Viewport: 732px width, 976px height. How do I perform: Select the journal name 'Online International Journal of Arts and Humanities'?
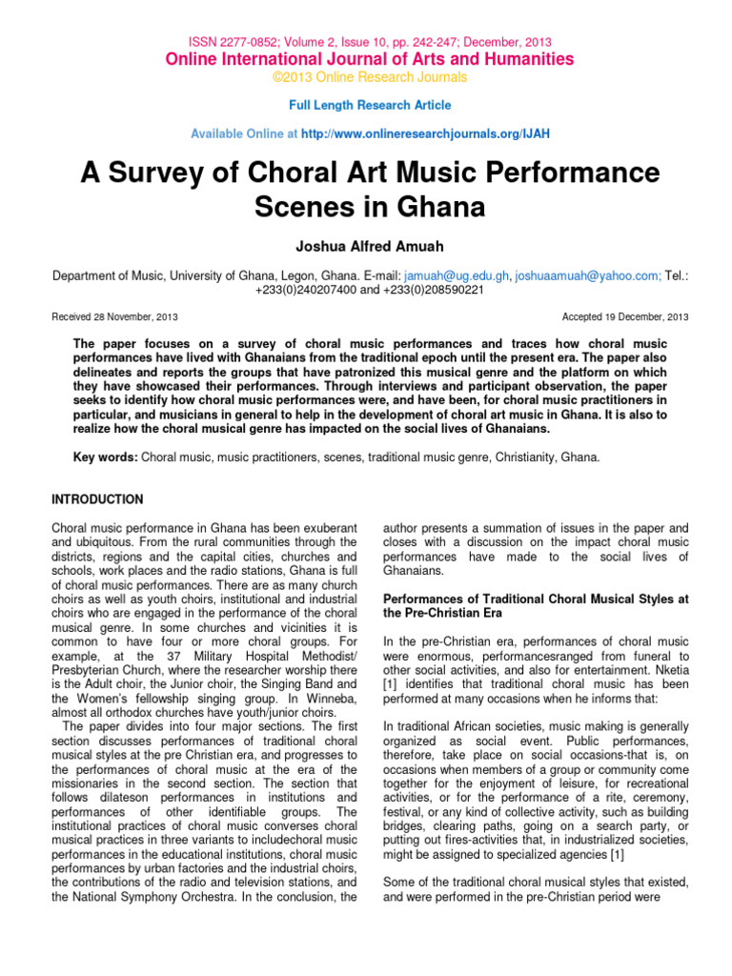[x=370, y=59]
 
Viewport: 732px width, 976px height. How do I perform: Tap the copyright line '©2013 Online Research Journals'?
[x=370, y=76]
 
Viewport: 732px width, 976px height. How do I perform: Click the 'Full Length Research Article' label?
[x=370, y=105]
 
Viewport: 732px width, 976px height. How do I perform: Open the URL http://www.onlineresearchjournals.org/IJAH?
[x=425, y=134]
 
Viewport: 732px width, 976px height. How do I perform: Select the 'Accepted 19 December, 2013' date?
[x=626, y=316]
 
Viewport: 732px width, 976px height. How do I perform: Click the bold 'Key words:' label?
[x=106, y=457]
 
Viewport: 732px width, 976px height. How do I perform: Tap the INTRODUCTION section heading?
[x=96, y=499]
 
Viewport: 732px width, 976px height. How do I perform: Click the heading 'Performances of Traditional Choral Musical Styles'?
[x=535, y=600]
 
